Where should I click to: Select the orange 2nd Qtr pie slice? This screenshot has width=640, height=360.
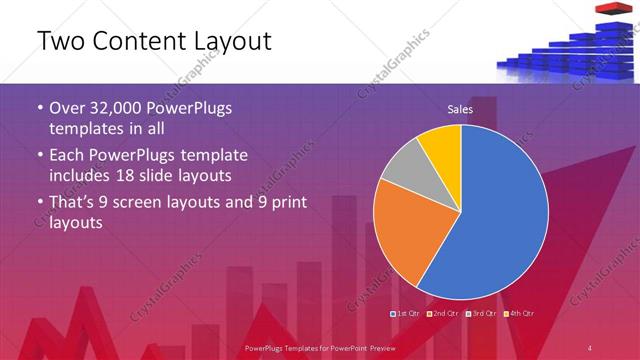(x=405, y=235)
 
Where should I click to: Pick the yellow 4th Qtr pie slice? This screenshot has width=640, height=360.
(x=441, y=146)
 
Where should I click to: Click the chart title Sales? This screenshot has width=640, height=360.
(x=460, y=109)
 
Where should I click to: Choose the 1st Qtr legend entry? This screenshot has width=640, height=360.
(x=406, y=314)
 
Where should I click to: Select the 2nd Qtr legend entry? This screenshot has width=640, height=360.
(x=444, y=314)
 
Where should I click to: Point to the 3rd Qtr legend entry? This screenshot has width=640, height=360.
(x=482, y=314)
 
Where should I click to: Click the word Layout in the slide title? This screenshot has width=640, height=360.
(x=223, y=42)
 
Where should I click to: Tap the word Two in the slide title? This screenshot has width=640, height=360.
(x=59, y=42)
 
